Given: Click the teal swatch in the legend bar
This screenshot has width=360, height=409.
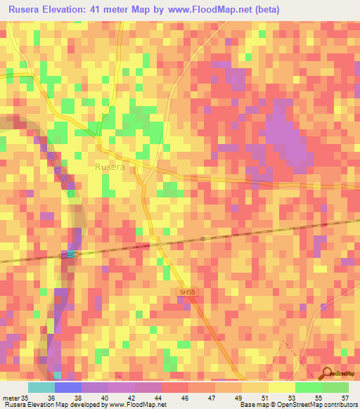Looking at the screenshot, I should (41, 388).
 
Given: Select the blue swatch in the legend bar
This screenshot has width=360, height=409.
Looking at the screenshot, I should (67, 388).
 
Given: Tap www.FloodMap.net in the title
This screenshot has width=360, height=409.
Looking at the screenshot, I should (218, 10).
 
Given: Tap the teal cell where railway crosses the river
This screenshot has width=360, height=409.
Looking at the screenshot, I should (70, 254).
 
